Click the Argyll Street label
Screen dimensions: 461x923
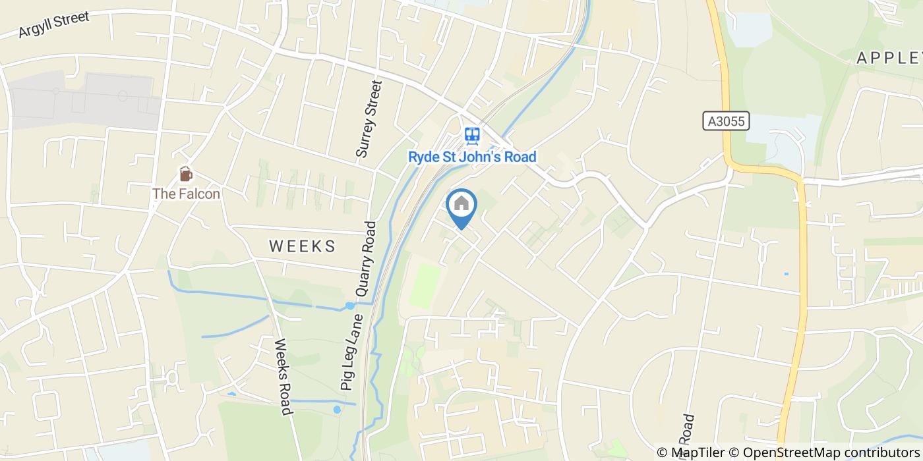point(53,24)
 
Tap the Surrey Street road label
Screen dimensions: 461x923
point(369,119)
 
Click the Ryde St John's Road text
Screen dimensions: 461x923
point(472,157)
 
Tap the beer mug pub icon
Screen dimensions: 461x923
point(186,175)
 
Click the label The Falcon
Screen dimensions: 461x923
point(186,194)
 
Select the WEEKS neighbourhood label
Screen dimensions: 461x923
point(303,246)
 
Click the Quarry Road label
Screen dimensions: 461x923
point(365,259)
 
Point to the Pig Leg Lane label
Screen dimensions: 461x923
point(352,353)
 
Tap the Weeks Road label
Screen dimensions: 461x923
point(283,377)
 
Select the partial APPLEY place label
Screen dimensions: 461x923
point(889,58)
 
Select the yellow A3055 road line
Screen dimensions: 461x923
point(802,263)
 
